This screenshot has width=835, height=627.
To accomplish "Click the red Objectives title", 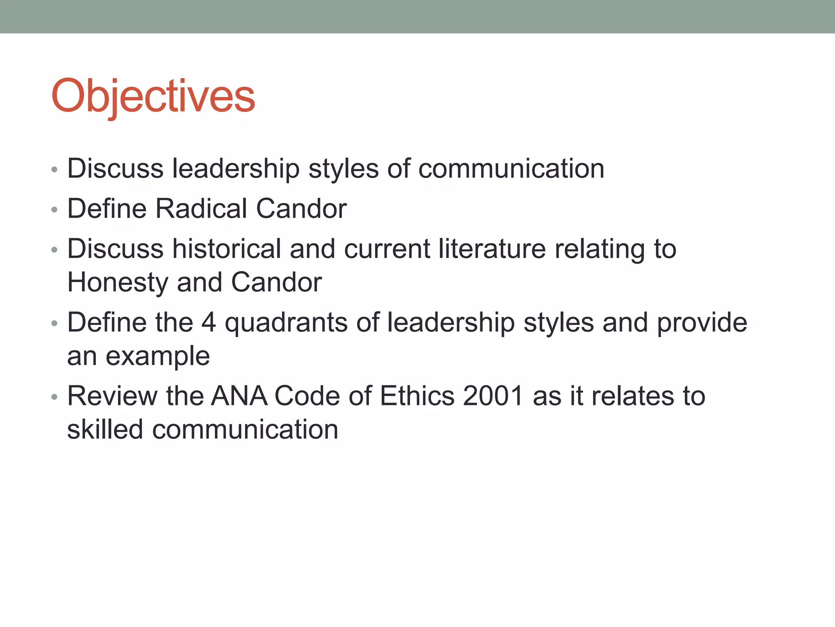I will click(153, 96).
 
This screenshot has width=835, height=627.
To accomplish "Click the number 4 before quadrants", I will click(208, 322).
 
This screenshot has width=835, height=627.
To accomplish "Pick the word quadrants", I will click(286, 323).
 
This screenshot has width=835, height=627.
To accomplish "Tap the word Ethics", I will click(417, 396).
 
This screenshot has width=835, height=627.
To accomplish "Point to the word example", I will click(158, 357).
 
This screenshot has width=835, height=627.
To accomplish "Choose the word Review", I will click(113, 396).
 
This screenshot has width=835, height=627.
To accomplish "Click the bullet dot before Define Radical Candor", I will click(54, 210).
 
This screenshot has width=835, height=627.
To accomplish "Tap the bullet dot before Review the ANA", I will click(54, 397).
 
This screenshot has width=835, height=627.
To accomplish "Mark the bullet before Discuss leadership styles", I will click(54, 170).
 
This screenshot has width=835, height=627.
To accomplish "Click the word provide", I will click(702, 323).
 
